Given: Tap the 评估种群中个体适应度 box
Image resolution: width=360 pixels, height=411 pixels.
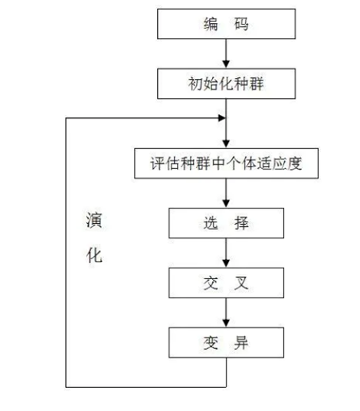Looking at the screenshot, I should pyautogui.click(x=226, y=163).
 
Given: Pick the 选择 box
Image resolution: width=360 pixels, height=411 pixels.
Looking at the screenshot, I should pyautogui.click(x=226, y=224).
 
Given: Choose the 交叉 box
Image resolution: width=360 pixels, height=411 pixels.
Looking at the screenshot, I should pyautogui.click(x=226, y=283).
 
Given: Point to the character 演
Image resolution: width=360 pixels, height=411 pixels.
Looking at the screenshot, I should pyautogui.click(x=93, y=221).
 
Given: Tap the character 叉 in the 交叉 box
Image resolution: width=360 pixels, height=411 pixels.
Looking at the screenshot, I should pyautogui.click(x=242, y=283).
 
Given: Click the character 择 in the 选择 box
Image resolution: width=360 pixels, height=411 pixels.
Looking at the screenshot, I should pyautogui.click(x=242, y=224).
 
